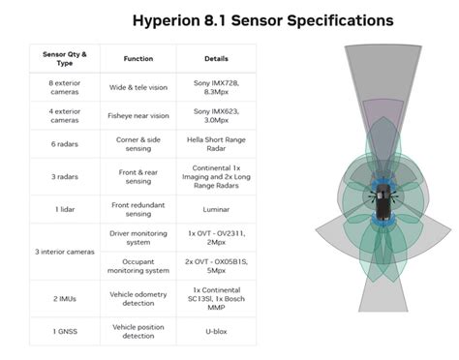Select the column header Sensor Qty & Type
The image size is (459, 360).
pos(65,58)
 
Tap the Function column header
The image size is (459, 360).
pos(138,58)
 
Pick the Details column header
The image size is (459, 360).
pos(215,58)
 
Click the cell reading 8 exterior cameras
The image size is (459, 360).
pos(65,87)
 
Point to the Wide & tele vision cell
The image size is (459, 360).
pos(138,87)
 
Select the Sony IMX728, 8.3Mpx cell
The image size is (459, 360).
pos(215,87)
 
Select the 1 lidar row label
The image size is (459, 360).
pos(65,209)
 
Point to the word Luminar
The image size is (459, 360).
pos(215,209)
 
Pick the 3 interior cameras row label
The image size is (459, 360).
pos(65,253)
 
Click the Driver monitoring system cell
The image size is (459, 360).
pos(138,238)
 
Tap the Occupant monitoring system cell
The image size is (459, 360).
pos(138,268)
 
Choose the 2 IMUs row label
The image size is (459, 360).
pos(65,299)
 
